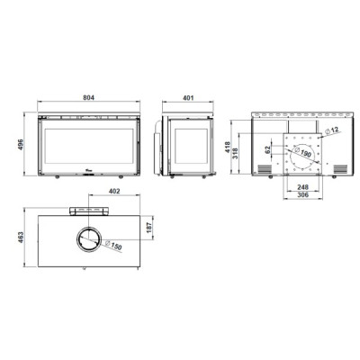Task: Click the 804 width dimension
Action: click(x=88, y=98)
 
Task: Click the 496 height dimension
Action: click(x=21, y=145)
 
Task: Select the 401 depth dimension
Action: click(x=188, y=98)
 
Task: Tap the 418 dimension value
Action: click(x=228, y=148)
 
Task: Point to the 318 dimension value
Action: click(x=236, y=153)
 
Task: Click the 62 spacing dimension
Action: click(x=268, y=149)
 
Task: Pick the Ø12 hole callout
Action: click(x=332, y=130)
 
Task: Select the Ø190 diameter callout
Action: click(x=302, y=152)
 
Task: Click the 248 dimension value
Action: click(x=303, y=187)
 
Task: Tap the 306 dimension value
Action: click(x=303, y=195)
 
